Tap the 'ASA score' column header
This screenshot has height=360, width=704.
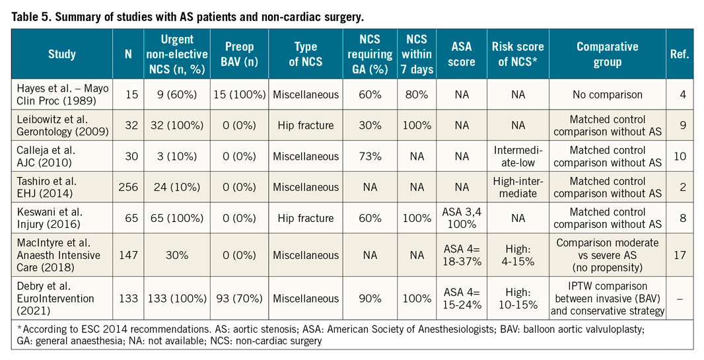(462, 54)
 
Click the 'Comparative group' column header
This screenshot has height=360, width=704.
(608, 54)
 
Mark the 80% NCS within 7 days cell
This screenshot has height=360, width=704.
(417, 94)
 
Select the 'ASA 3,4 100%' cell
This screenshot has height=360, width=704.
(462, 219)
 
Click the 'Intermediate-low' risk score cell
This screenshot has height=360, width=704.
(518, 157)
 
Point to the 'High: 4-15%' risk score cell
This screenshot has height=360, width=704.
(518, 256)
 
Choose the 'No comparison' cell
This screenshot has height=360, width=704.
(608, 94)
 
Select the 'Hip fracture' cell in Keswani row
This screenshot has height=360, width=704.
(306, 219)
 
